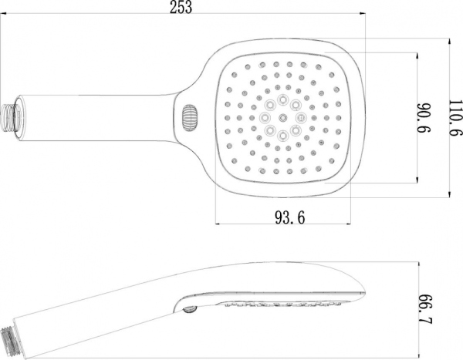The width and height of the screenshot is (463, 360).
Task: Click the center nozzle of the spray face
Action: (282, 117)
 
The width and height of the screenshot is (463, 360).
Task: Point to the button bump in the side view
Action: (188, 309)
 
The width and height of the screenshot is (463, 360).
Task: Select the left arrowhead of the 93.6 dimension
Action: (218, 225)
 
